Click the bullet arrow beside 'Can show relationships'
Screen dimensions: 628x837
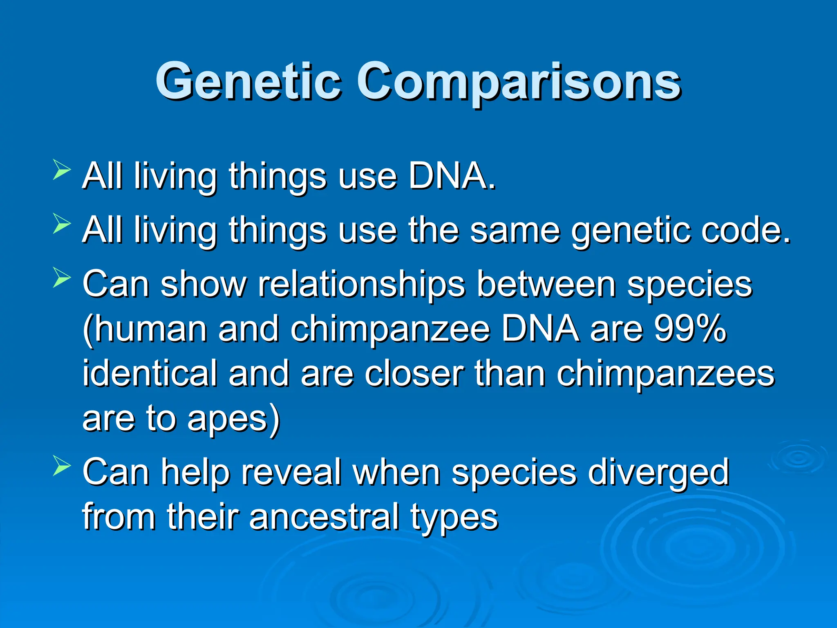point(62,279)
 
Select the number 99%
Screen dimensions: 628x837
point(689,329)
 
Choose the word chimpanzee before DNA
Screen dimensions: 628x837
point(390,329)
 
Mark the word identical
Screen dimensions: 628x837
point(150,373)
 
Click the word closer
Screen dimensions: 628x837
point(414,373)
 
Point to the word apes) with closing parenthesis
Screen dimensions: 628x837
point(233,419)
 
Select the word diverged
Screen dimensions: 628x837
point(658,472)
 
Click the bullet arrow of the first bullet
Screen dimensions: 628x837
point(62,171)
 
